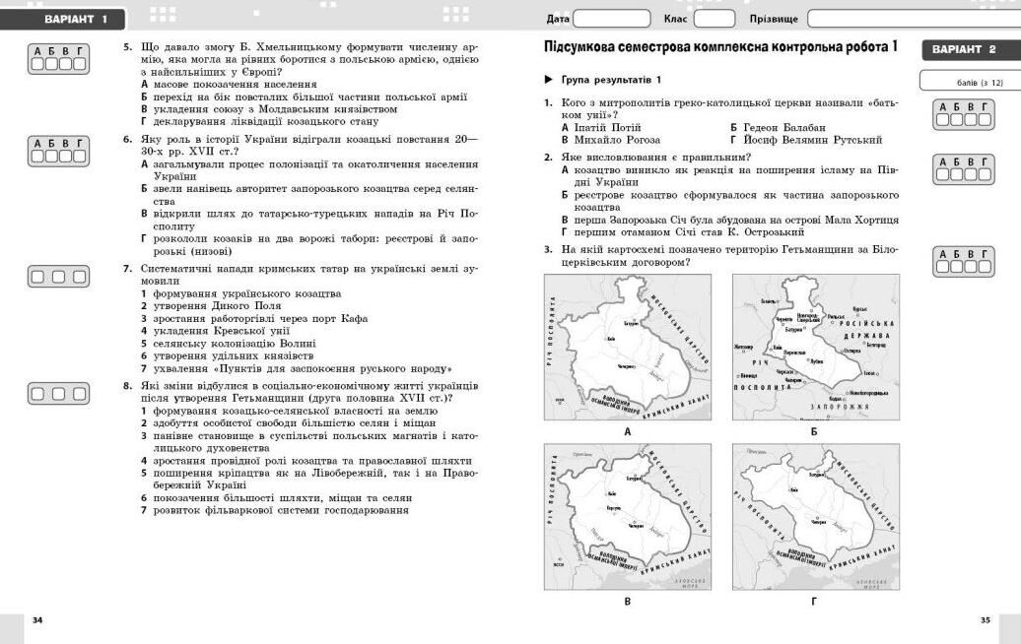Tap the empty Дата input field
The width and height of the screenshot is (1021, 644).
(x=611, y=19)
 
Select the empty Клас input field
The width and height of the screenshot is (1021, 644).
(x=714, y=19)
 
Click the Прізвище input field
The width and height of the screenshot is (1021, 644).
(x=912, y=19)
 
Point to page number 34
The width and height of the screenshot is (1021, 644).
(x=37, y=619)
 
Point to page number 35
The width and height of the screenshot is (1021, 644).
(x=985, y=619)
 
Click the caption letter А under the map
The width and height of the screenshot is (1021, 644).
(x=627, y=431)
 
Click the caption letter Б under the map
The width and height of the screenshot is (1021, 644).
(x=814, y=431)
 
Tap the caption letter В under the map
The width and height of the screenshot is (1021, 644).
(x=627, y=600)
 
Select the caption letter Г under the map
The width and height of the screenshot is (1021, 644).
(x=814, y=600)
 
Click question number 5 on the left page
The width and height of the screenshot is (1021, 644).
(x=127, y=46)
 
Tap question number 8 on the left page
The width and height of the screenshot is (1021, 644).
(x=127, y=386)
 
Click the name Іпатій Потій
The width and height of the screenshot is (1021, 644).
(x=605, y=128)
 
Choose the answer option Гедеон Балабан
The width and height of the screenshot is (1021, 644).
(x=783, y=128)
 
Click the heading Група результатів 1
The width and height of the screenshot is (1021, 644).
(x=611, y=79)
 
